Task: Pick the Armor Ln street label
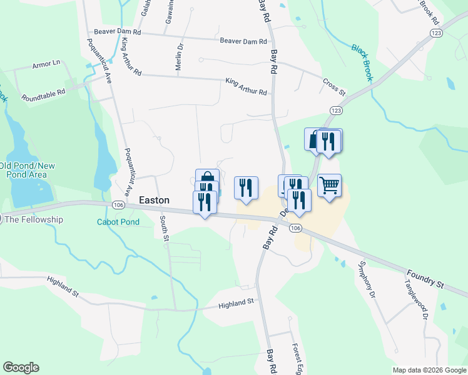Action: coord(46,63)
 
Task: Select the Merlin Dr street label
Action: coord(180,58)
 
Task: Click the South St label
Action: coord(164,229)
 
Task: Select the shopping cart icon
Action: coord(329,185)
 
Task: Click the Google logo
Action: coord(21,367)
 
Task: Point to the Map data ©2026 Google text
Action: coord(429,370)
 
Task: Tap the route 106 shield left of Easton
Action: coord(117,204)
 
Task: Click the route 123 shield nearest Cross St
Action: coord(336,110)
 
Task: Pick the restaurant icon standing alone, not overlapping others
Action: coord(246,187)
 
